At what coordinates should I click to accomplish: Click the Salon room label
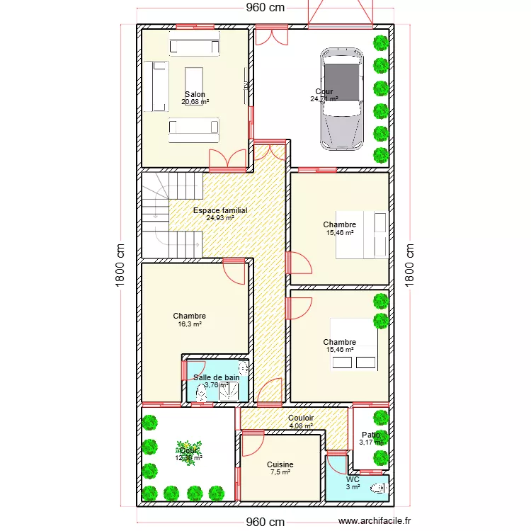tap(195, 94)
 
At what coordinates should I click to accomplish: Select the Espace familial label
tap(220, 210)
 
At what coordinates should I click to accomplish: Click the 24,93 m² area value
tap(220, 218)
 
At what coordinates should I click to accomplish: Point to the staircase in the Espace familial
tap(170, 216)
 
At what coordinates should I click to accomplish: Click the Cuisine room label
tap(280, 465)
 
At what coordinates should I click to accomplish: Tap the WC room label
tap(353, 479)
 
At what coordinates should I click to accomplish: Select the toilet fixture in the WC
tap(379, 488)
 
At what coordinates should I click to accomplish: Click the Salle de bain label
tap(217, 377)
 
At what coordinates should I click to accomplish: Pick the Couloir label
tap(301, 418)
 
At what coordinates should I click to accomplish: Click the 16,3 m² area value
tap(190, 324)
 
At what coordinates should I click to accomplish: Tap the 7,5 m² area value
tap(280, 473)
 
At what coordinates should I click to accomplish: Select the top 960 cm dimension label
tap(265, 8)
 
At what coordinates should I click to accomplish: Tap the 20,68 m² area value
tap(195, 102)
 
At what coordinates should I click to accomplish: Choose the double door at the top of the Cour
tap(272, 35)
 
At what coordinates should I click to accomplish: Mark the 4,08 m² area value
tap(301, 426)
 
